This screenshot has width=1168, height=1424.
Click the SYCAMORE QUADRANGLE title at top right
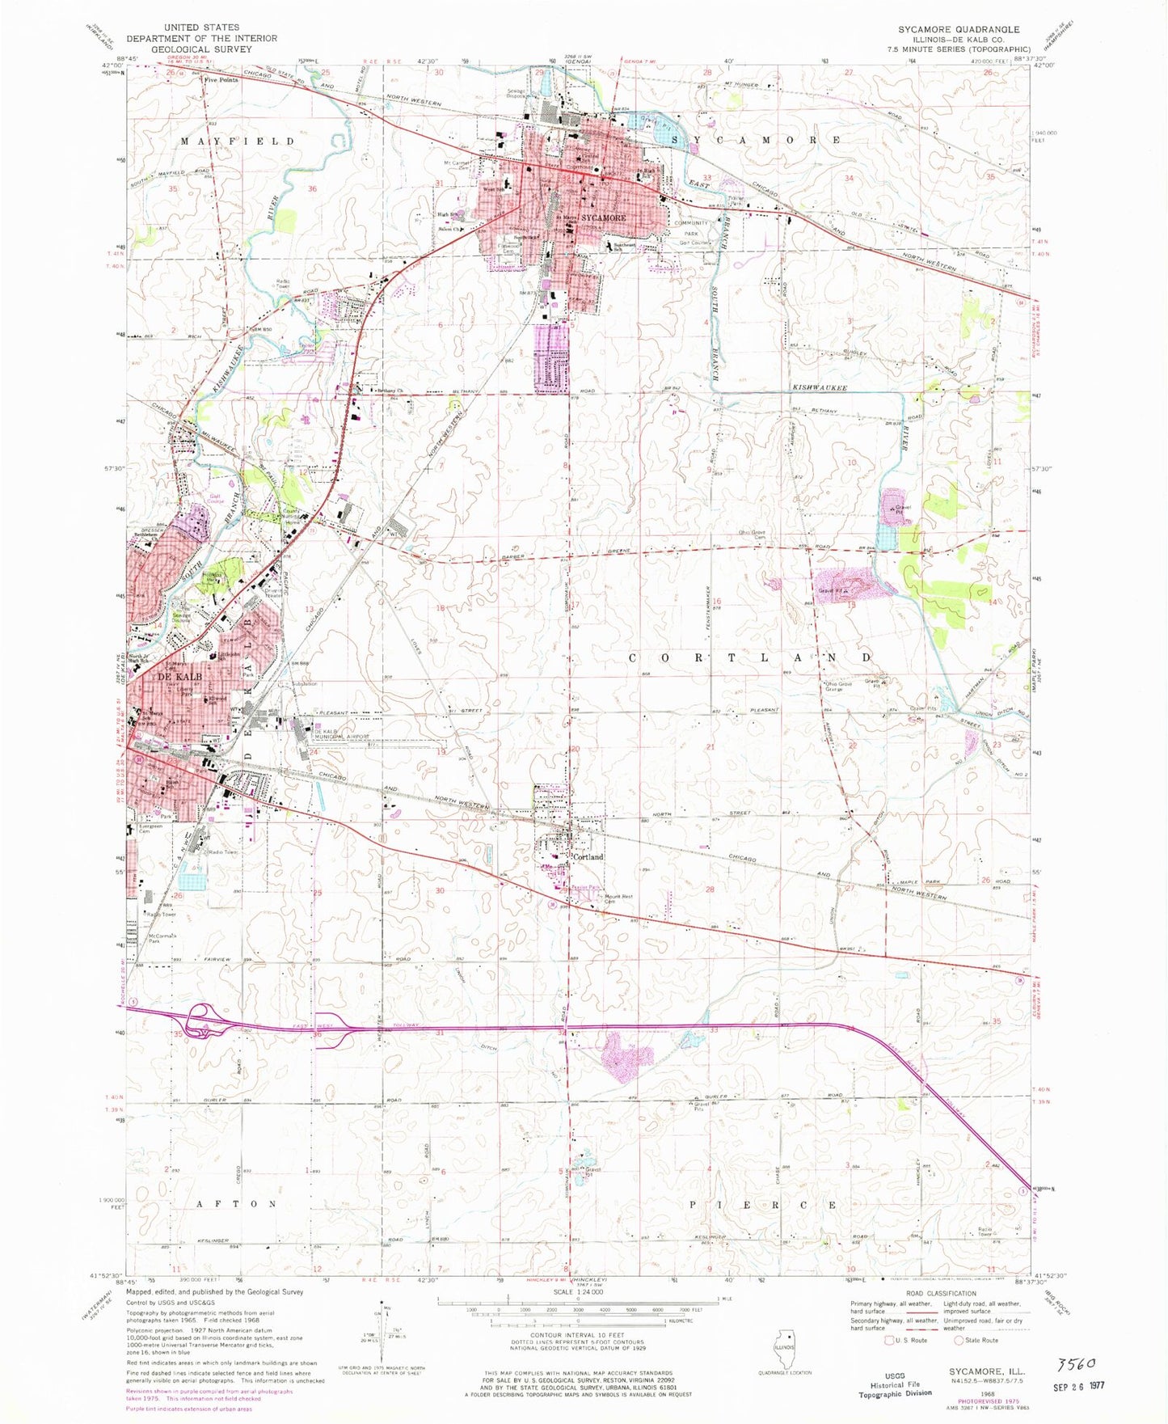tap(959, 29)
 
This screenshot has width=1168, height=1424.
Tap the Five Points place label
tap(221, 80)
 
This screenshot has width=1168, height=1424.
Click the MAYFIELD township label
tap(238, 142)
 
